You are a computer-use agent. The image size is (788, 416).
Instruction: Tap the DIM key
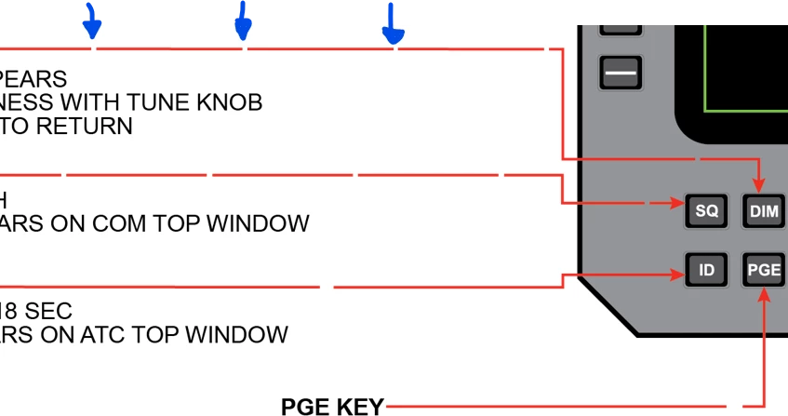(764, 211)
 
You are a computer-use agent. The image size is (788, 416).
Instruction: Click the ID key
(707, 271)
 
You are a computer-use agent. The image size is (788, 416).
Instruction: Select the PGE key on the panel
(764, 271)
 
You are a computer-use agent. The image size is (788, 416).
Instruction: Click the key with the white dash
(621, 72)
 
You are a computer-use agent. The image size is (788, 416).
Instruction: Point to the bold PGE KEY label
(332, 407)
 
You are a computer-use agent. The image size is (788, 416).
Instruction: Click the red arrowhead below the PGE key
(764, 296)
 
